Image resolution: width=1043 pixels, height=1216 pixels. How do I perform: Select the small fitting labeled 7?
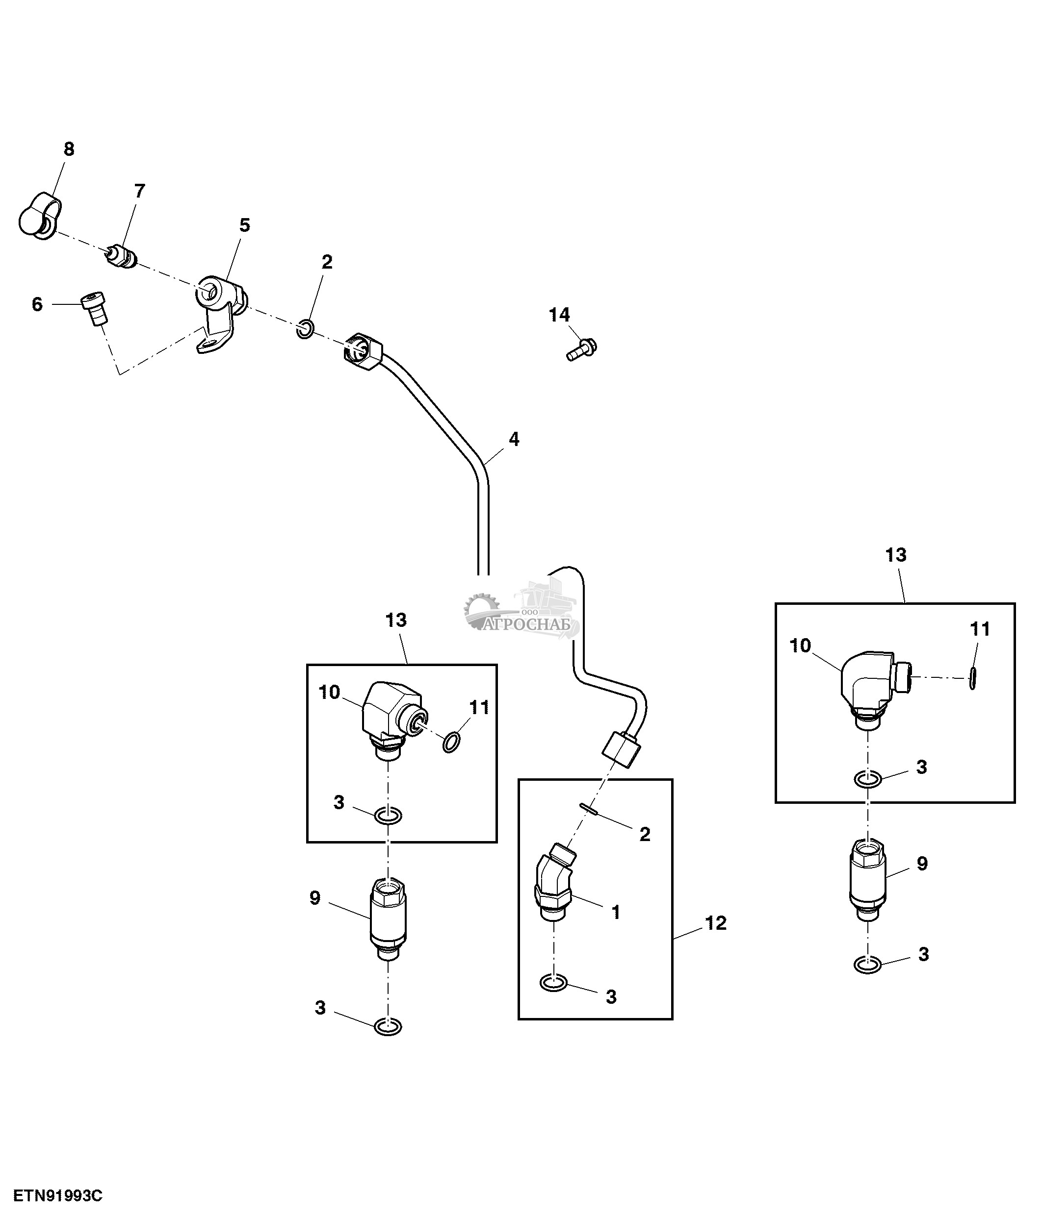pyautogui.click(x=123, y=257)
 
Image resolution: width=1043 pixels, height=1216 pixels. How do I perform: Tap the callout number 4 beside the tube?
pyautogui.click(x=514, y=439)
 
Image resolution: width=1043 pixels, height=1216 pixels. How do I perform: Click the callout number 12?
pyautogui.click(x=715, y=923)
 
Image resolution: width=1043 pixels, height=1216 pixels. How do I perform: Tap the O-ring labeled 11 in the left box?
pyautogui.click(x=451, y=742)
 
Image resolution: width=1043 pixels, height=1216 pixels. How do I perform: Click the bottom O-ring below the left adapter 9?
pyautogui.click(x=388, y=1026)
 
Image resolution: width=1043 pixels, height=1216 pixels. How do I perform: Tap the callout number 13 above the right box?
pyautogui.click(x=896, y=555)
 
